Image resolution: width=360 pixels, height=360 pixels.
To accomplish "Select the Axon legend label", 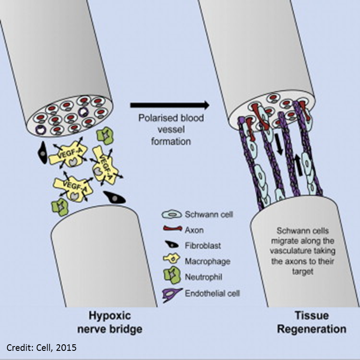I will tap(194, 230).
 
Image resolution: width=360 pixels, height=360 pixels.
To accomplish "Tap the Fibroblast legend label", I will tap(203, 246).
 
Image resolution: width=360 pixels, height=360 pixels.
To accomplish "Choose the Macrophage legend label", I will tap(208, 261).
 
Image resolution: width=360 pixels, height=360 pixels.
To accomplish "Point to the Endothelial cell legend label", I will tap(213, 293).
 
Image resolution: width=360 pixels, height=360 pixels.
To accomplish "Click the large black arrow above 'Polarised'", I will tap(169, 105).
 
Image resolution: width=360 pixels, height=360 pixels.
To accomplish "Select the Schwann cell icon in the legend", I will tap(171, 214).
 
